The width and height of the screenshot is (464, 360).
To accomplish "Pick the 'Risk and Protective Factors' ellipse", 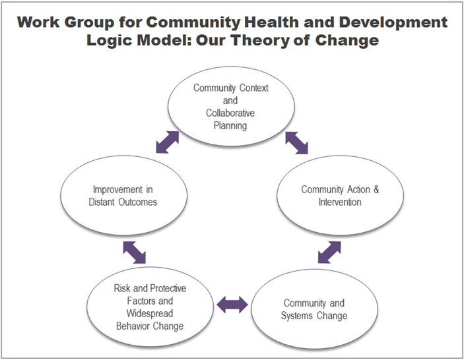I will (149, 307).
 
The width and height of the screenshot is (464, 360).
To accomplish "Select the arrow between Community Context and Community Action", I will (296, 142).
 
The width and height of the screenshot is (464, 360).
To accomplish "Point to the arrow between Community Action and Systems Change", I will (329, 252).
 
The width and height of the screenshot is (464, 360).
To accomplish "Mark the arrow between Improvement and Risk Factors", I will (134, 251).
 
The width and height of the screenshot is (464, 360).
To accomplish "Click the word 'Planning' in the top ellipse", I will (230, 125).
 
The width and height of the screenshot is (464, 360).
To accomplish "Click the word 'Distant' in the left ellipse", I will (104, 202).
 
